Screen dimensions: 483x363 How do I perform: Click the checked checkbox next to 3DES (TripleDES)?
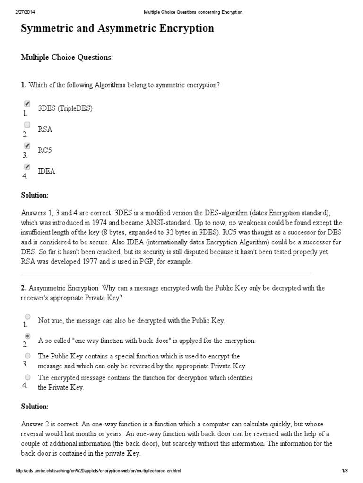click(x=27, y=104)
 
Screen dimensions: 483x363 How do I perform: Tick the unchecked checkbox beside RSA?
click(x=27, y=125)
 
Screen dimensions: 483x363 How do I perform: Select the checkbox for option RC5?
click(x=27, y=146)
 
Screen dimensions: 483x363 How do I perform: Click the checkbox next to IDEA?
click(x=27, y=167)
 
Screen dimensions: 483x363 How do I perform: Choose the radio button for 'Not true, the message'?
click(x=27, y=316)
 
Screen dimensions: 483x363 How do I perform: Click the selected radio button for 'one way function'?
click(x=27, y=336)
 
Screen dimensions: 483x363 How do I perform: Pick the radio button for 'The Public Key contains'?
click(x=27, y=356)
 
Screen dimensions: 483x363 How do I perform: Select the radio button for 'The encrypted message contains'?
click(x=27, y=377)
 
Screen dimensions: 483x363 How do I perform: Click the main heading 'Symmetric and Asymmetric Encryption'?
click(x=117, y=29)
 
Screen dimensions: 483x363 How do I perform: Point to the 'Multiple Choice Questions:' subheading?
click(x=67, y=58)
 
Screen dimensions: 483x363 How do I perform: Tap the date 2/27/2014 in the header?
click(x=24, y=12)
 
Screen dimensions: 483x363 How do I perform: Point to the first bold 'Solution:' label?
click(x=35, y=195)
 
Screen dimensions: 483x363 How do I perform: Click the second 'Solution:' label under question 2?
click(x=35, y=407)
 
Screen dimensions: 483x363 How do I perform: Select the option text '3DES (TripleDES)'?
click(x=65, y=108)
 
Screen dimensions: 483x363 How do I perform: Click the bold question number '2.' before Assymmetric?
click(x=24, y=288)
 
